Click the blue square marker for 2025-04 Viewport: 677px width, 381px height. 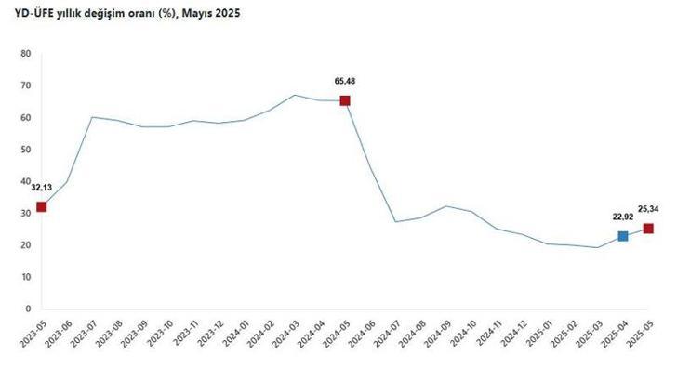pyautogui.click(x=623, y=236)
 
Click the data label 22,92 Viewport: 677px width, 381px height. pyautogui.click(x=622, y=217)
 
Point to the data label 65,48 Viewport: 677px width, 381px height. pyautogui.click(x=345, y=81)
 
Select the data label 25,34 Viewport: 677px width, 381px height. pyautogui.click(x=648, y=209)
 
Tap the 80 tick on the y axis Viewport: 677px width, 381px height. pyautogui.click(x=27, y=54)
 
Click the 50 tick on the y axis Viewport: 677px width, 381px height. pyautogui.click(x=27, y=150)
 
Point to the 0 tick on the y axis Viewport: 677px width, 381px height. pyautogui.click(x=29, y=309)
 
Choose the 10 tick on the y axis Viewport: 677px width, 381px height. pyautogui.click(x=27, y=277)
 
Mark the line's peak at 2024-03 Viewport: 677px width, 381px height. pyautogui.click(x=294, y=95)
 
